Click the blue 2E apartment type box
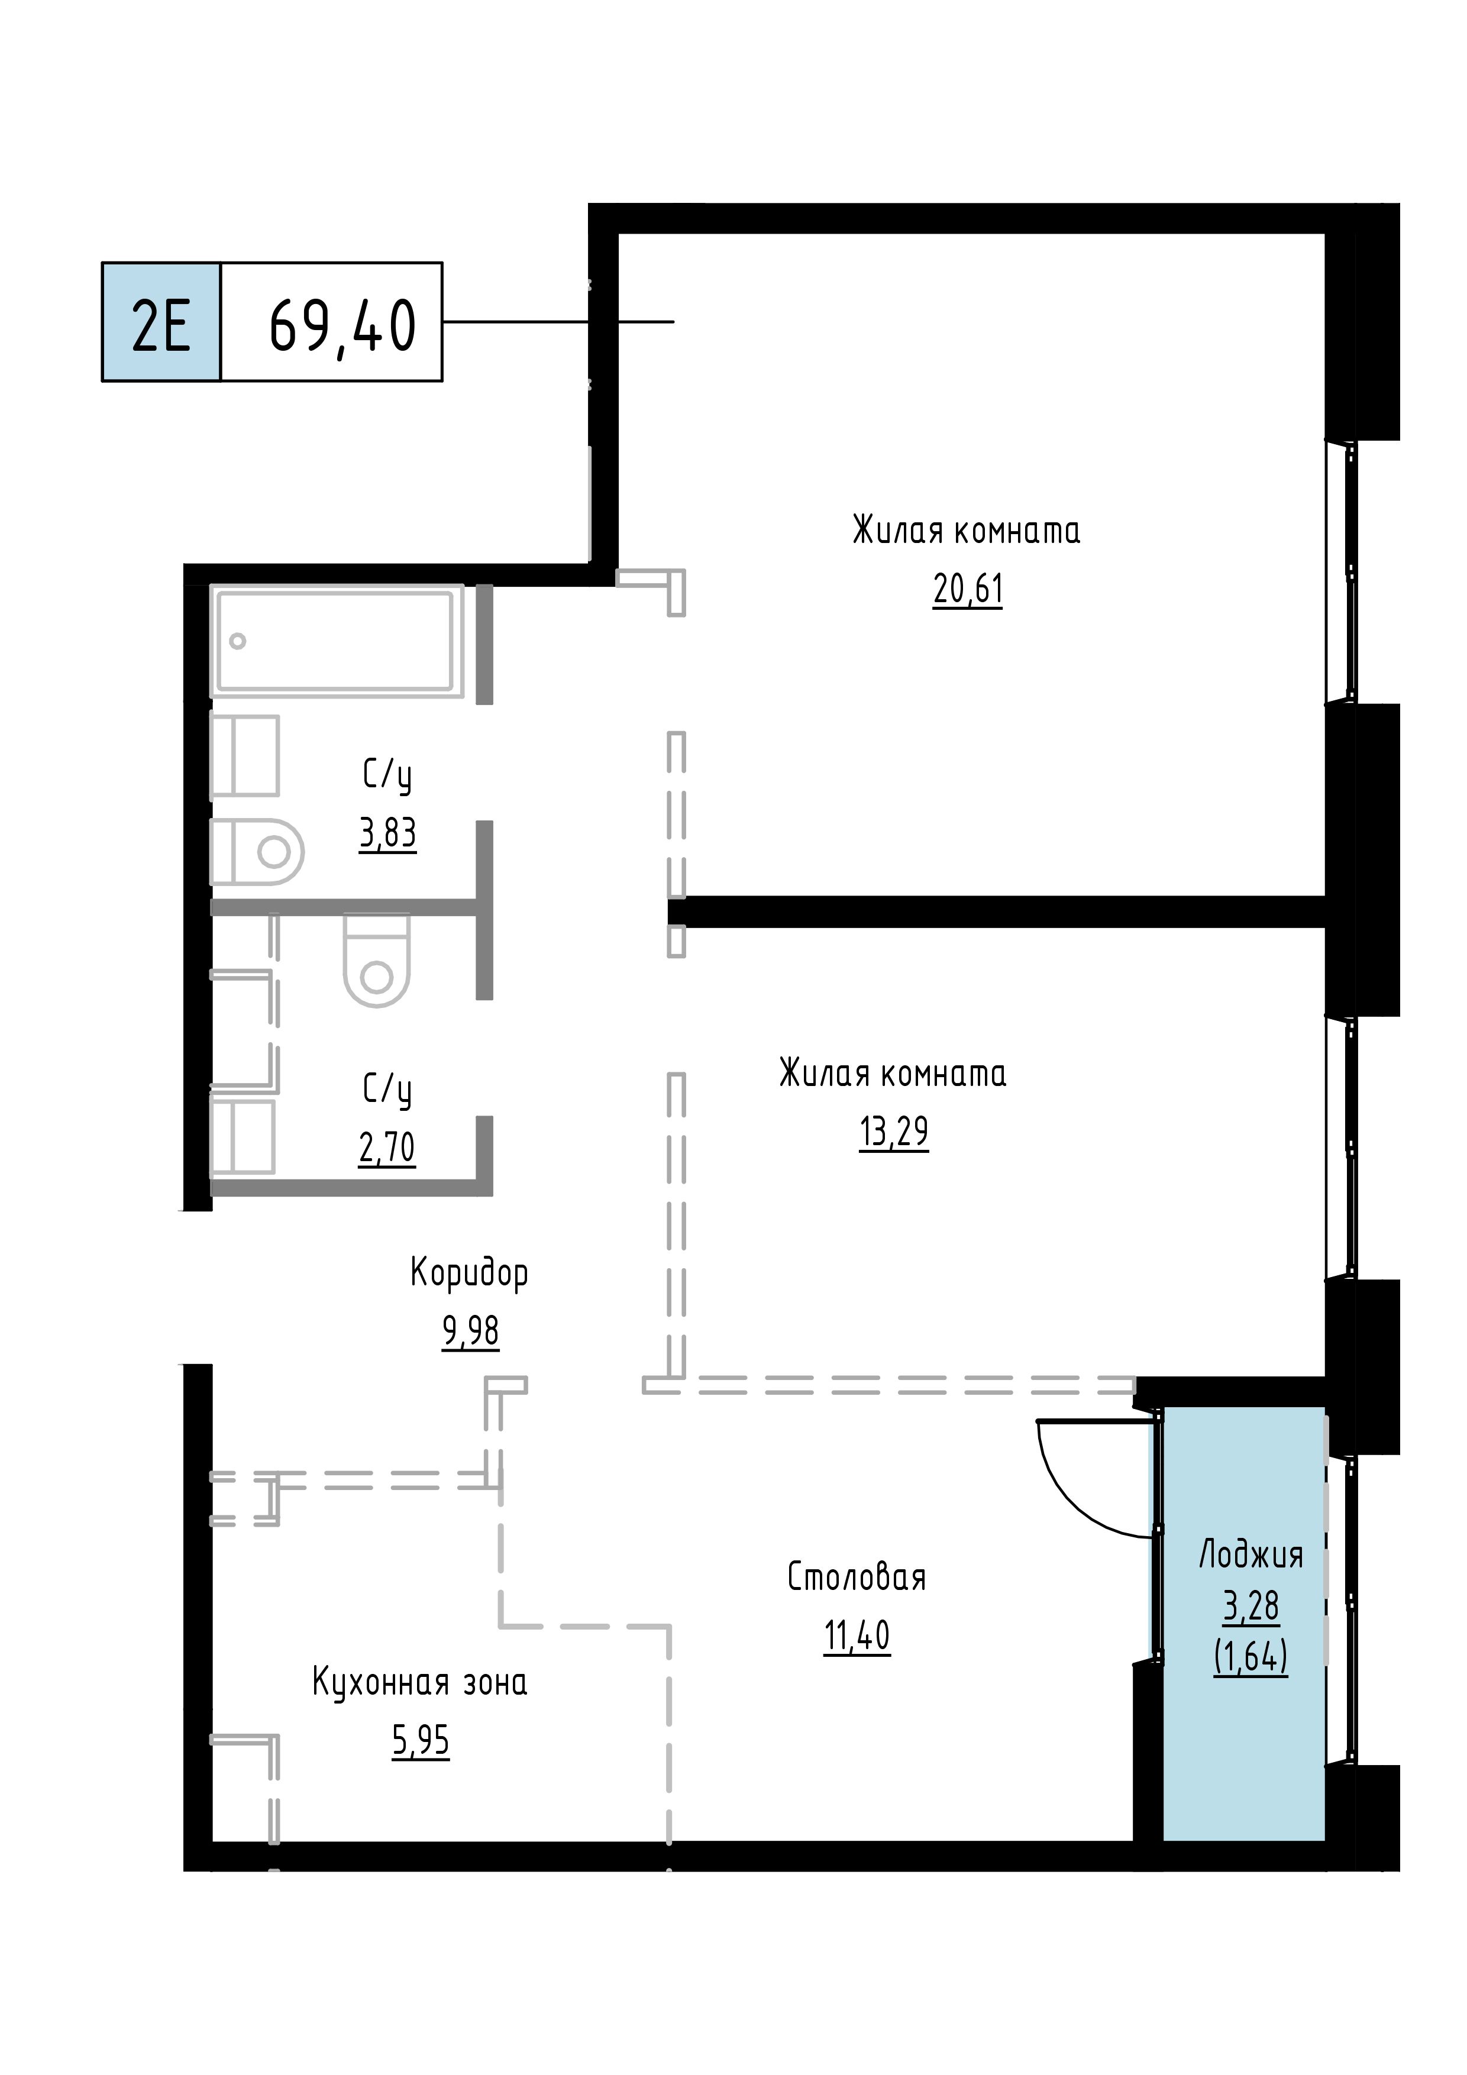pyautogui.click(x=161, y=322)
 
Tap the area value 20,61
pyautogui.click(x=968, y=589)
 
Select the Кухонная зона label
pyautogui.click(x=421, y=1683)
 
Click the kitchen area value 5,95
pyautogui.click(x=421, y=1741)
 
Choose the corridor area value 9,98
pyautogui.click(x=470, y=1331)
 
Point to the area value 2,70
pyautogui.click(x=387, y=1148)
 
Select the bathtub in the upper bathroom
pyautogui.click(x=337, y=641)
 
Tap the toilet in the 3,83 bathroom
pyautogui.click(x=257, y=851)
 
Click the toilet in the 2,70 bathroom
pyautogui.click(x=377, y=961)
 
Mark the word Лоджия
pyautogui.click(x=1251, y=1555)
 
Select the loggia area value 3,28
pyautogui.click(x=1251, y=1606)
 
